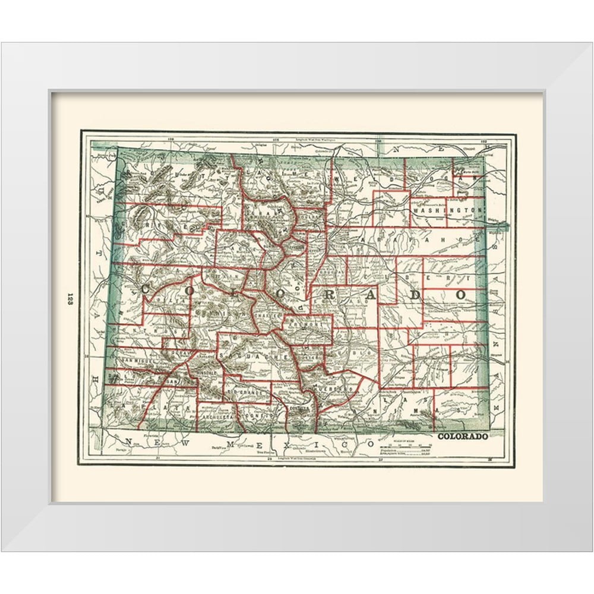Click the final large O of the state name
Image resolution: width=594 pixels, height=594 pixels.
pos(460,295)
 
